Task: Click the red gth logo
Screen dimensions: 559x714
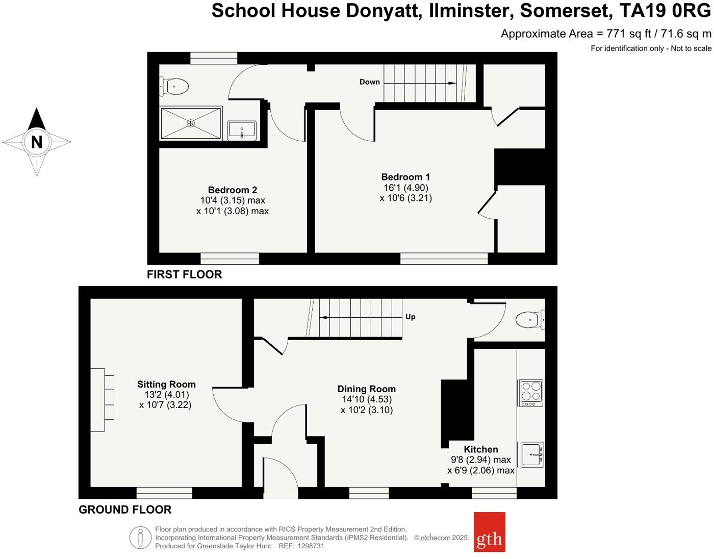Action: pyautogui.click(x=490, y=532)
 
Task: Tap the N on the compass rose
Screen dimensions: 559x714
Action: pyautogui.click(x=37, y=142)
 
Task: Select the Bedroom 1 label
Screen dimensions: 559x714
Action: pyautogui.click(x=405, y=177)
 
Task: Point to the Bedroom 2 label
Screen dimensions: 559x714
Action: pyautogui.click(x=232, y=190)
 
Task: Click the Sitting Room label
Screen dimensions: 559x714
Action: pyautogui.click(x=166, y=385)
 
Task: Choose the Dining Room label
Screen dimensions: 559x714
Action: pyautogui.click(x=366, y=389)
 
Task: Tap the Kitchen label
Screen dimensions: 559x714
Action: pyautogui.click(x=481, y=449)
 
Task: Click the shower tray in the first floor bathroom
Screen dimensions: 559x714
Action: pyautogui.click(x=191, y=123)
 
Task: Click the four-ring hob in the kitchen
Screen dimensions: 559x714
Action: pyautogui.click(x=531, y=393)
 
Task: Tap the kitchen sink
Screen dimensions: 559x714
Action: pyautogui.click(x=532, y=454)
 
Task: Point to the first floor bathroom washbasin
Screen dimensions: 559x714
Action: pyautogui.click(x=242, y=129)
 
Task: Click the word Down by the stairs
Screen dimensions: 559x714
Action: pyautogui.click(x=370, y=82)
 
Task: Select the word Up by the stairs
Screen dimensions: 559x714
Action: pyautogui.click(x=411, y=317)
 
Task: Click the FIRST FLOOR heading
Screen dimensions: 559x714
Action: pyautogui.click(x=185, y=274)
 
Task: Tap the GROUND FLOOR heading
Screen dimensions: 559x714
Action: pyautogui.click(x=125, y=510)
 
